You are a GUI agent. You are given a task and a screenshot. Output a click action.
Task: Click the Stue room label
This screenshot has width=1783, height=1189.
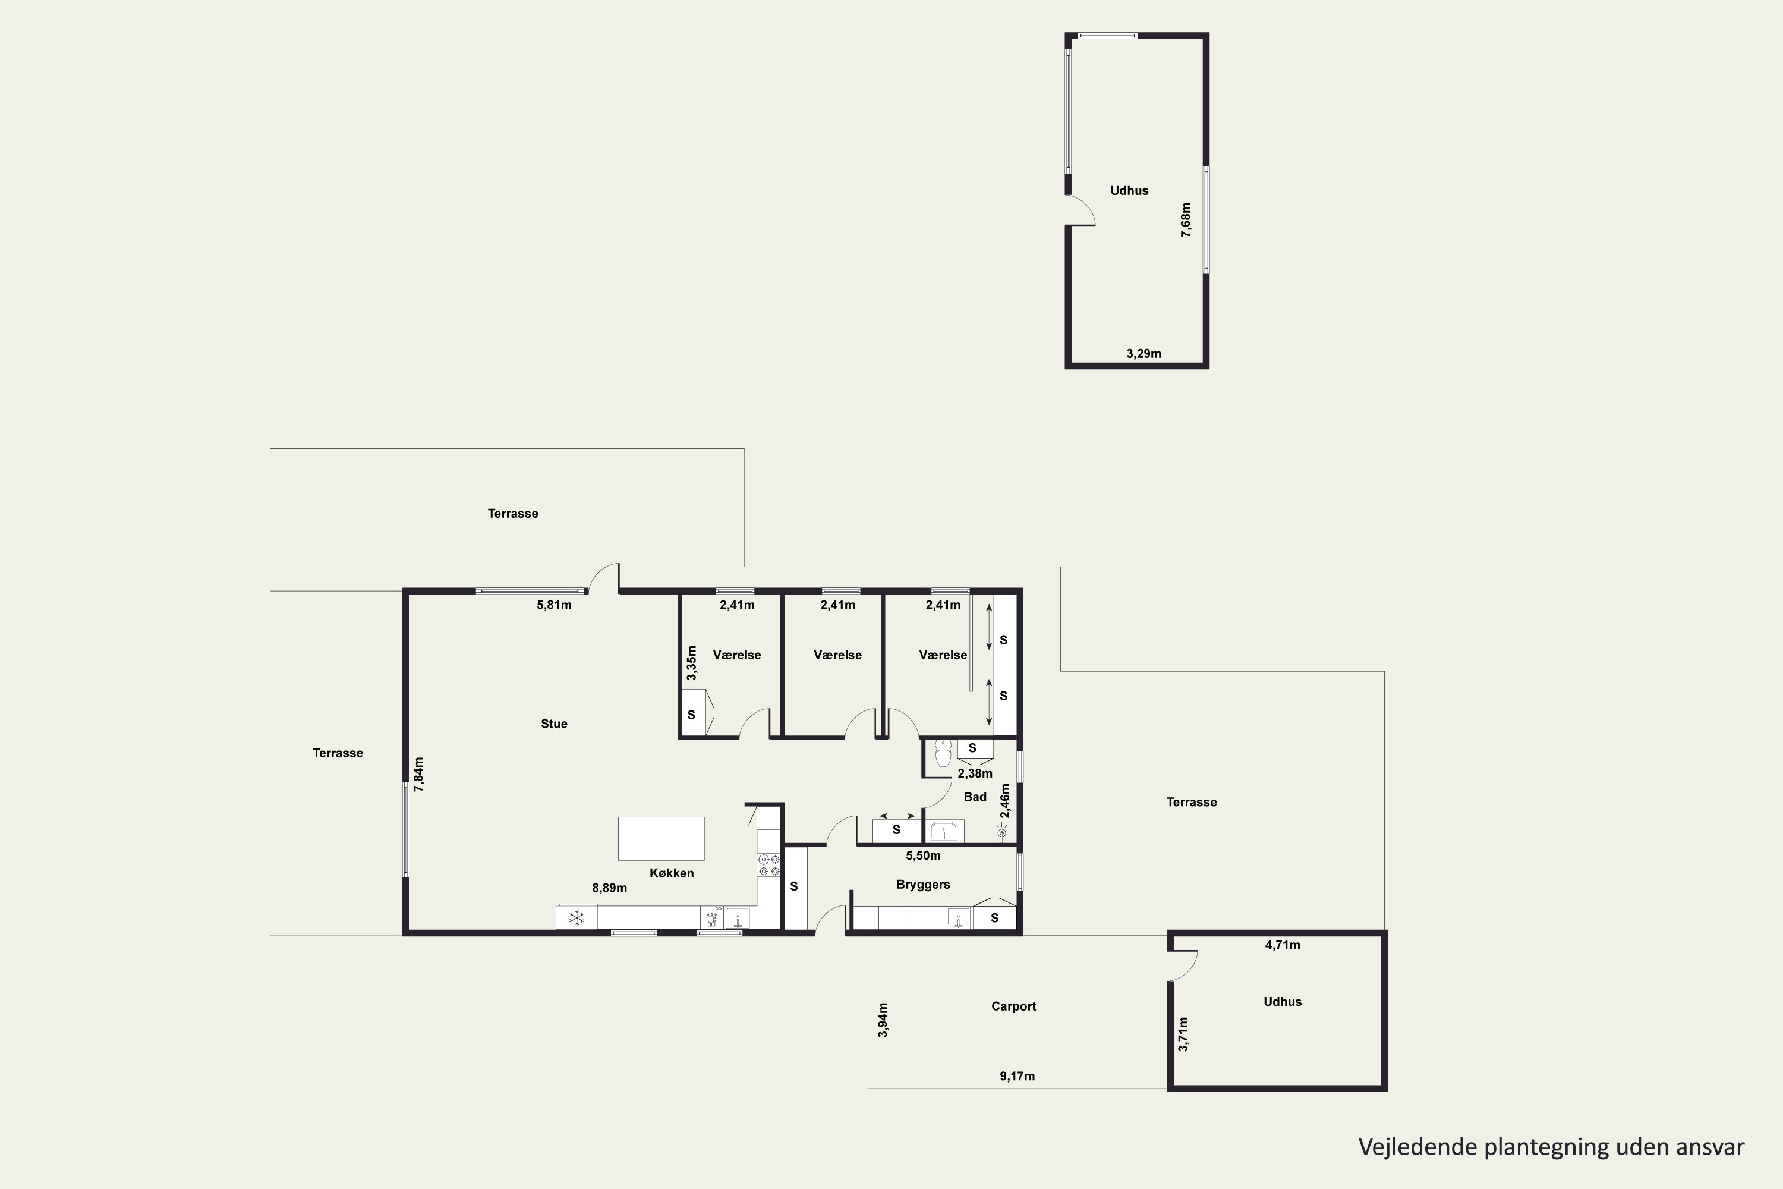[554, 724]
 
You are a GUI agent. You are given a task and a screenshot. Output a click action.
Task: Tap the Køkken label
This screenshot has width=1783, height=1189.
[672, 873]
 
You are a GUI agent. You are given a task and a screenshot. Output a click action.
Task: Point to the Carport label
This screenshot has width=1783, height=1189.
[1013, 1006]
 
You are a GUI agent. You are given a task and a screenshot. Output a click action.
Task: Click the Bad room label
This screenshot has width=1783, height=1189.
[975, 797]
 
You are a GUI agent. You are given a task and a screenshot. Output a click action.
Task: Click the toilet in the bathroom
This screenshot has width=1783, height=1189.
[943, 754]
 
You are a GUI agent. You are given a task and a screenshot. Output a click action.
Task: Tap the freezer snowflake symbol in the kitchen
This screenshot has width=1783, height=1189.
[577, 917]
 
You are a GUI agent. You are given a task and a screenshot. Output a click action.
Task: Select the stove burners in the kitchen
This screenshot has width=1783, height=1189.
[768, 865]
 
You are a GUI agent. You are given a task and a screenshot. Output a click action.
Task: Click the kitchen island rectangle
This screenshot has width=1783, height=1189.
[661, 839]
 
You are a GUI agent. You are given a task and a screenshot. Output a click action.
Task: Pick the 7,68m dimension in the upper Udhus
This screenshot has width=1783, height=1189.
[1186, 220]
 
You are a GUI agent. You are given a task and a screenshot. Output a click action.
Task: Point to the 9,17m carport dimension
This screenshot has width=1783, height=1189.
[1017, 1076]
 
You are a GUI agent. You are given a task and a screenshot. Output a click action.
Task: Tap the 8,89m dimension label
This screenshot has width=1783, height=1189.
[610, 888]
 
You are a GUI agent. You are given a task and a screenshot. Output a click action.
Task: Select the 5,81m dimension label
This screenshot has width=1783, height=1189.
[554, 605]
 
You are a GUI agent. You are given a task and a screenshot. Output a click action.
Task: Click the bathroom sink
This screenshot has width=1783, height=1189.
[944, 831]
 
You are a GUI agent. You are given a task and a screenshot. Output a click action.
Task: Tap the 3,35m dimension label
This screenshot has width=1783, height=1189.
[691, 663]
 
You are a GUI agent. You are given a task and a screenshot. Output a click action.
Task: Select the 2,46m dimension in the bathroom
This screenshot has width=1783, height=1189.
[1005, 801]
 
